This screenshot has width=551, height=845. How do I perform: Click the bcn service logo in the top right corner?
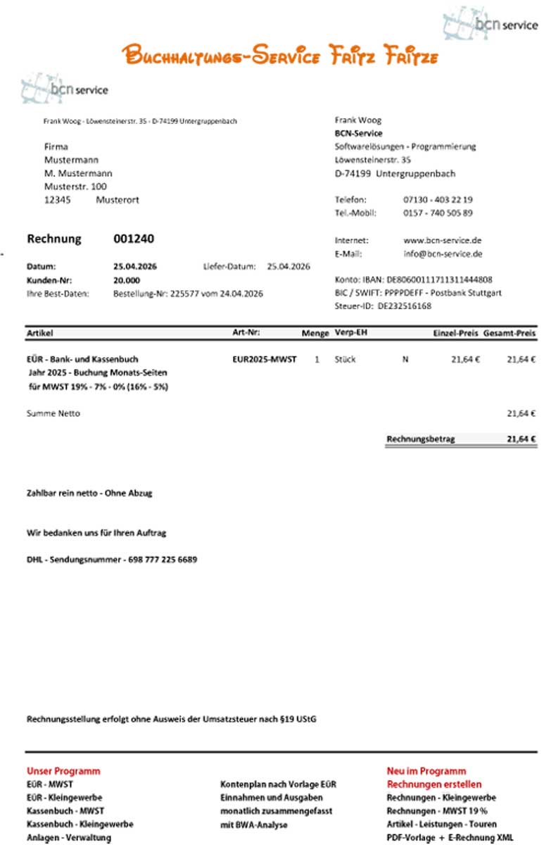pos(491,23)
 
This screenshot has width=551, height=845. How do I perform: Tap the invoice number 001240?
pos(134,239)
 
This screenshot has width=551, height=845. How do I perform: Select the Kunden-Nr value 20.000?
pos(126,280)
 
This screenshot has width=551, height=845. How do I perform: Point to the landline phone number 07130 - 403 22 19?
pos(438,200)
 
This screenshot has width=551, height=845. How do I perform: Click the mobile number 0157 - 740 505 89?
pos(438,213)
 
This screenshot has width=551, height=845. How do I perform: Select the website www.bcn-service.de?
pos(443,240)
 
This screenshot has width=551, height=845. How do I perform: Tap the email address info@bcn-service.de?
pos(443,254)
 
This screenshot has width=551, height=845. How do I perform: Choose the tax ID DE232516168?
pos(405,306)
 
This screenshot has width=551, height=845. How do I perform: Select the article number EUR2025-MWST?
pos(264,359)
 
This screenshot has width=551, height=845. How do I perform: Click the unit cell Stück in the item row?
pos(346,359)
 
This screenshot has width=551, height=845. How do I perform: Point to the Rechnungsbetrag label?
pos(421,439)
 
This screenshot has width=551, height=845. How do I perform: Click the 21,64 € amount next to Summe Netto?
pos(521,413)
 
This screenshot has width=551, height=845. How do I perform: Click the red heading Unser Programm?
pos(63,771)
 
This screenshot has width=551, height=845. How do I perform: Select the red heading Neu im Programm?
pos(426,771)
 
